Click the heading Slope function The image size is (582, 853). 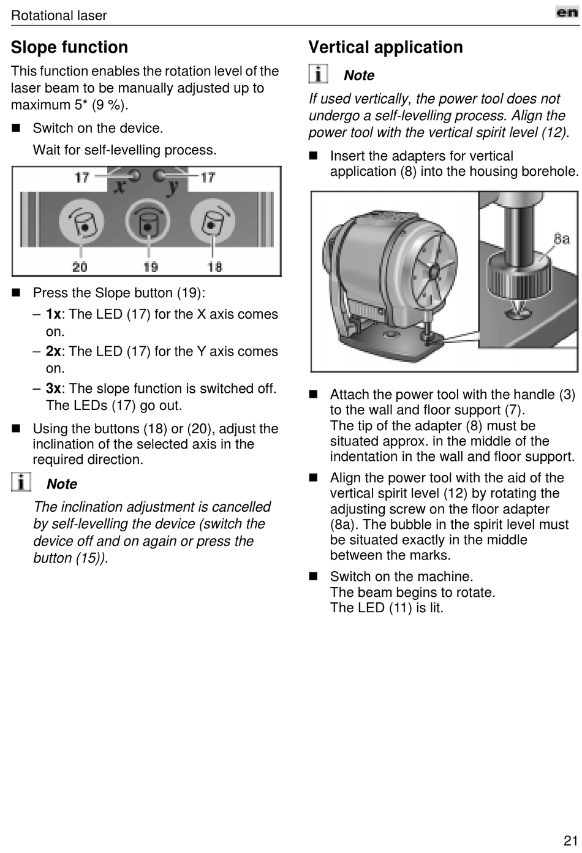pyautogui.click(x=69, y=47)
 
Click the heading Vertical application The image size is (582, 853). pyautogui.click(x=385, y=47)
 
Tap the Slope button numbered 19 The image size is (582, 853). pyautogui.click(x=147, y=222)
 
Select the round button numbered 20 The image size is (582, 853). pyautogui.click(x=81, y=222)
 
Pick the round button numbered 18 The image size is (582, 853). pyautogui.click(x=213, y=222)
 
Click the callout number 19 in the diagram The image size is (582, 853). pyautogui.click(x=150, y=267)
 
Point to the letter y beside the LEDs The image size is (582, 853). pyautogui.click(x=174, y=184)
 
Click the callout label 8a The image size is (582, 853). pyautogui.click(x=561, y=238)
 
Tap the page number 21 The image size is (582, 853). pyautogui.click(x=570, y=840)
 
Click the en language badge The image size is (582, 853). pyautogui.click(x=567, y=12)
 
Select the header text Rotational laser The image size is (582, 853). pyautogui.click(x=59, y=15)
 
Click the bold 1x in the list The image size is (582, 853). pyautogui.click(x=53, y=314)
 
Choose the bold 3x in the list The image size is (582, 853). pyautogui.click(x=53, y=389)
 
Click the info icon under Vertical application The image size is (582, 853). pyautogui.click(x=318, y=74)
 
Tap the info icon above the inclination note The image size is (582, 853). pyautogui.click(x=21, y=482)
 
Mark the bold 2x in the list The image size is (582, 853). pyautogui.click(x=53, y=352)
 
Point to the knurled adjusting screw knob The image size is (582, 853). pyautogui.click(x=516, y=276)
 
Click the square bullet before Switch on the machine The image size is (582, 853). pyautogui.click(x=314, y=577)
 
